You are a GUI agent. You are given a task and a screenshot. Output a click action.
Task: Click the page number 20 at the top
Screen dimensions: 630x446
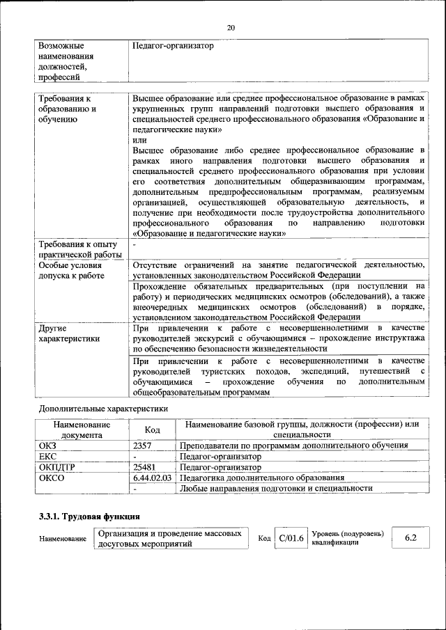231,27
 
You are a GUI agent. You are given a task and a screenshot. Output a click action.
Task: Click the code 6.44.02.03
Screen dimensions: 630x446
152,478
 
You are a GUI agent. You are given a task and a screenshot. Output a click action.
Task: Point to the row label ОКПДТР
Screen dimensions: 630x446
59,467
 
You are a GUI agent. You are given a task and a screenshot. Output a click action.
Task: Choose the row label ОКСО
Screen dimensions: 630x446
52,478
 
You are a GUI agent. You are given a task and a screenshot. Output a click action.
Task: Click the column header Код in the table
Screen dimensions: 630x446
152,430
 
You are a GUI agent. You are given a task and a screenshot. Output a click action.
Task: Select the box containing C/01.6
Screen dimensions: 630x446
291,538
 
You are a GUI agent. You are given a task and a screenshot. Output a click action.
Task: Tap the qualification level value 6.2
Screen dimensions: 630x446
410,538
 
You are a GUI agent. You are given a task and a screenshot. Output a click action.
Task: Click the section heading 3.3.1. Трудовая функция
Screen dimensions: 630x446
89,517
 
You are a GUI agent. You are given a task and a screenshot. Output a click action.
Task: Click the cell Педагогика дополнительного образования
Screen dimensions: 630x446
262,478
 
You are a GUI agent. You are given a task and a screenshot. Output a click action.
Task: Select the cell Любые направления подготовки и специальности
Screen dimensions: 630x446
276,489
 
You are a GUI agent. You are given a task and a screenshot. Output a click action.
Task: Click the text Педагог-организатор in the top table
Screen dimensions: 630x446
173,46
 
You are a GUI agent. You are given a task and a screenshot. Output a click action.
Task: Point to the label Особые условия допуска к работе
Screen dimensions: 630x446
71,270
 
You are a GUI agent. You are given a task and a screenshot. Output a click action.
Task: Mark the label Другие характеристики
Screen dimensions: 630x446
69,333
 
